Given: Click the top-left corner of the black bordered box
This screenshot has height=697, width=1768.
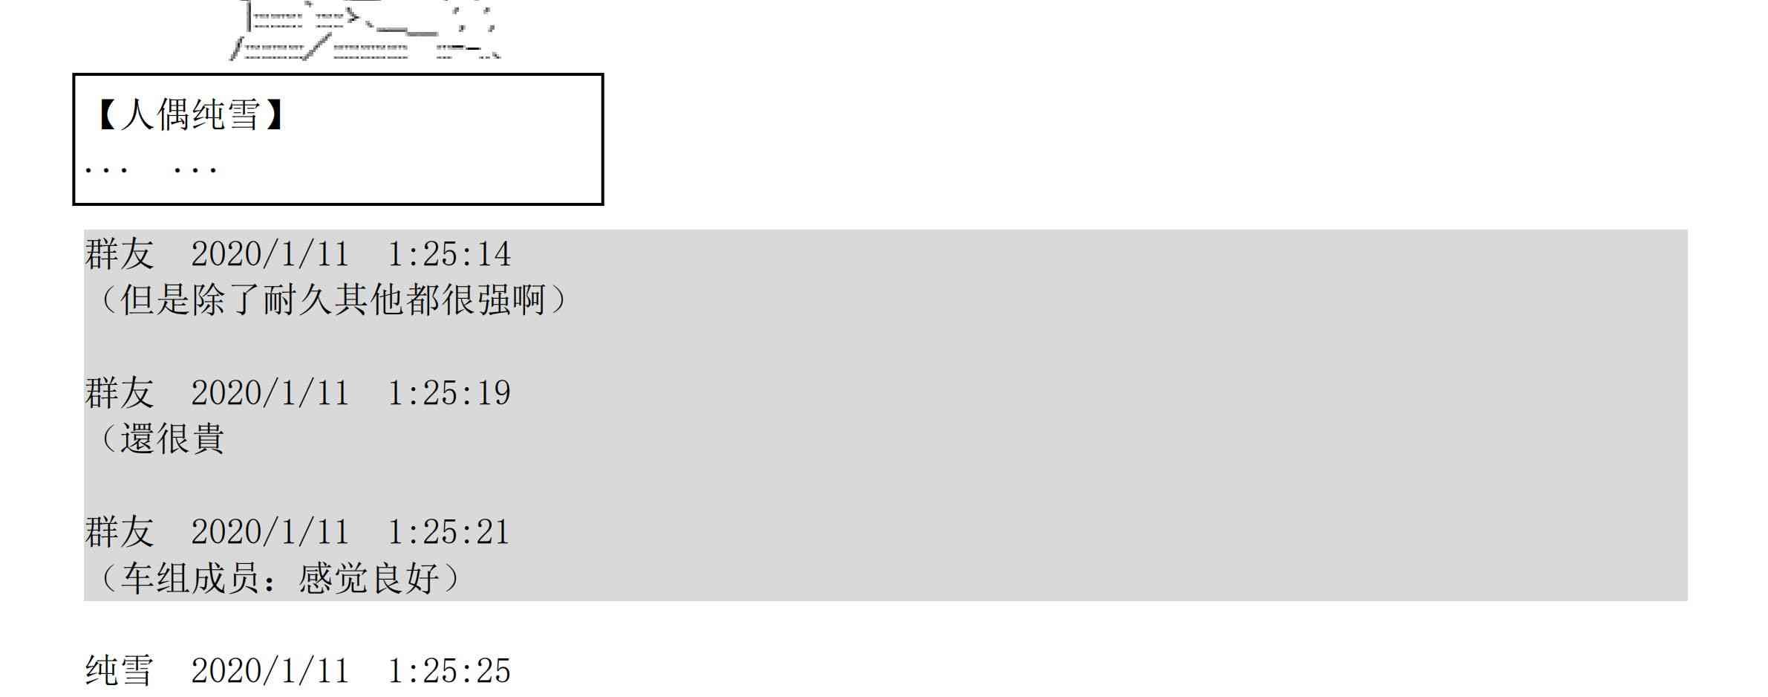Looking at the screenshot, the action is point(74,74).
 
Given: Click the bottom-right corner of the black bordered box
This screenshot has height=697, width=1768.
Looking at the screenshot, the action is point(602,204).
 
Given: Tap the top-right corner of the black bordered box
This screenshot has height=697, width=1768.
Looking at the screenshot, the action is point(602,74).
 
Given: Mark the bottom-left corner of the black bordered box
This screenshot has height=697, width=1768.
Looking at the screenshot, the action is point(74,204).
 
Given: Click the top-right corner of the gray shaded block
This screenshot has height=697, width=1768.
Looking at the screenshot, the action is point(1687,230).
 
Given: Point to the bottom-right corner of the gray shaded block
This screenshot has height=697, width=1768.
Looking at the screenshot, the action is point(1687,600).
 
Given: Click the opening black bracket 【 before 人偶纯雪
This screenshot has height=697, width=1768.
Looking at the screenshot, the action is point(106,115).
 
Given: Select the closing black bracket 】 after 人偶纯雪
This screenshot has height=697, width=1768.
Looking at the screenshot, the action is point(273,115).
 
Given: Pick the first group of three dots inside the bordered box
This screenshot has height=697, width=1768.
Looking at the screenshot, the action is point(106,171).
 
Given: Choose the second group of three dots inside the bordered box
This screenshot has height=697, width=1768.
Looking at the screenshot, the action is point(195,171).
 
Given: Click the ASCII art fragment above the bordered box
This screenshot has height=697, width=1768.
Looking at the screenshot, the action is point(364,30).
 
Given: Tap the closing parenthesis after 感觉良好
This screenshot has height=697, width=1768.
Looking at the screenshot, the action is point(451,578).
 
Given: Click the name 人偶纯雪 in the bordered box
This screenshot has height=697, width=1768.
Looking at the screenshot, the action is point(190,115).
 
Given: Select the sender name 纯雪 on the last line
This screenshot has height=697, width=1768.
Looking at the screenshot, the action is point(119,670).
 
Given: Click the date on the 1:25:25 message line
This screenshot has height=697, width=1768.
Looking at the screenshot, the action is point(270,671).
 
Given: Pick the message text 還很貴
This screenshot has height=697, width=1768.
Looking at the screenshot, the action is point(172,438).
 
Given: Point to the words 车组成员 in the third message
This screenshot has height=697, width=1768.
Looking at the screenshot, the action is point(190,578).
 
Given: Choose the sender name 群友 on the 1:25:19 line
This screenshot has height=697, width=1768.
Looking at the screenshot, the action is point(119,393).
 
